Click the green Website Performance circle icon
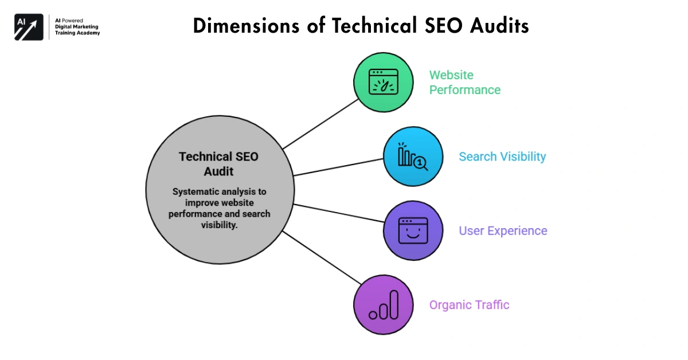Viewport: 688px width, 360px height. point(383,82)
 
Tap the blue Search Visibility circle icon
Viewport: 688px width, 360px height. point(413,156)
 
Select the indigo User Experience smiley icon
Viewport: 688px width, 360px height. point(413,230)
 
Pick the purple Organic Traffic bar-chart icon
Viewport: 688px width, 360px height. point(383,304)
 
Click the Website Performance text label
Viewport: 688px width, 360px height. point(464,83)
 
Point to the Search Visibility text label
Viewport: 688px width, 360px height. point(502,156)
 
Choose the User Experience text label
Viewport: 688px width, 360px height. point(503,230)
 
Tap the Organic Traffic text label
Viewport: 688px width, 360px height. point(469,304)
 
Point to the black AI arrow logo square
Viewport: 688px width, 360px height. point(29,27)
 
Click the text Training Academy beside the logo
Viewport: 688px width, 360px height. point(77,33)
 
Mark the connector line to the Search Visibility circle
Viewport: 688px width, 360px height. point(338,167)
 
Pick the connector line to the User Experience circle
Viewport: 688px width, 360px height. point(338,212)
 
